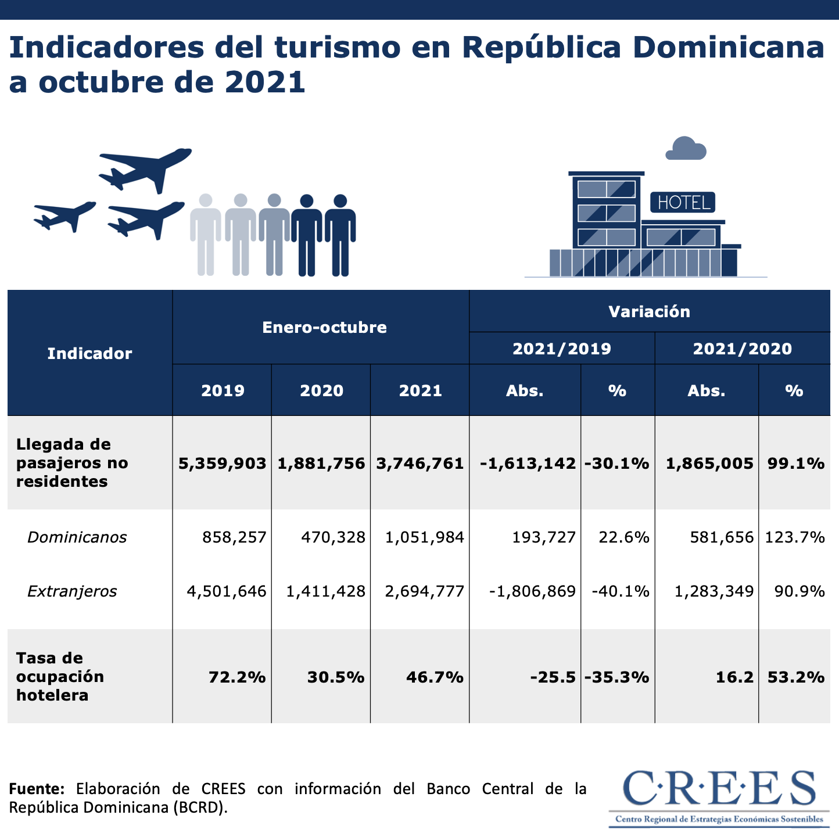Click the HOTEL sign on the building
pos(683,203)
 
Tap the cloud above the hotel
pos(686,149)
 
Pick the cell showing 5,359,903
pos(223,463)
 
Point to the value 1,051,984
pos(425,537)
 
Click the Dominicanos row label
pos(77,537)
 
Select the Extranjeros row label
pos(72,591)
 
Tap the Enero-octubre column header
pos(324,327)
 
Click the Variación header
pos(649,311)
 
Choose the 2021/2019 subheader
pos(562,349)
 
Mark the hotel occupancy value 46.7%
pos(435,677)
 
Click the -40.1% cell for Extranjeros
pos(620,591)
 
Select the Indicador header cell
pos(89,353)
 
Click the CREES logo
pos(719,796)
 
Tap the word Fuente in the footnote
pos(36,789)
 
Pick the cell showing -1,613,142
pos(528,463)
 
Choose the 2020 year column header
pos(321,390)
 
